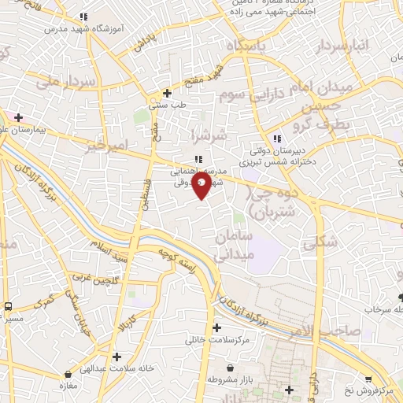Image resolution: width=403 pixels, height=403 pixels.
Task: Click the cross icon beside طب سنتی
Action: pos(165,91)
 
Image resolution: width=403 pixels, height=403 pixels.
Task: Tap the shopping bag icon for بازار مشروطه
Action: pos(229,368)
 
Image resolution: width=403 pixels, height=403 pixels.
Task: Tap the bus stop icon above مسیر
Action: pos(8,306)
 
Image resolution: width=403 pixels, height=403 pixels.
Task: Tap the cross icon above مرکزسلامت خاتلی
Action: pos(216,327)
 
